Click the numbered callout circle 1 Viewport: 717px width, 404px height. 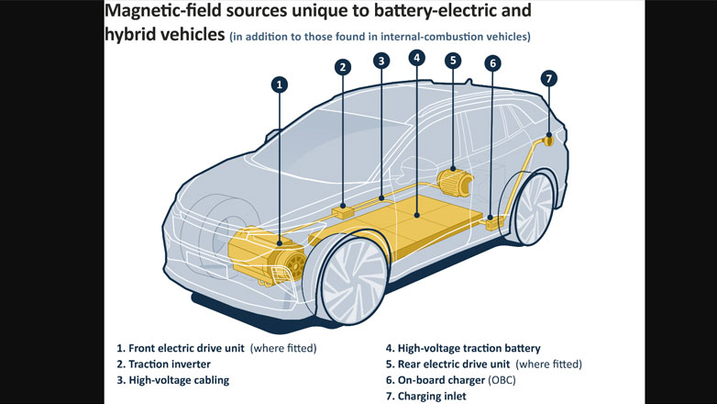pos(280,84)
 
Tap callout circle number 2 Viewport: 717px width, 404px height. pos(342,66)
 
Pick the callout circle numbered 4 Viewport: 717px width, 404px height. pos(417,57)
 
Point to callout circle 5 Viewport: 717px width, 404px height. pos(452,61)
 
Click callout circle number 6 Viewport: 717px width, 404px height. pos(492,63)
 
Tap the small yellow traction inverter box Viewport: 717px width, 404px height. pos(343,210)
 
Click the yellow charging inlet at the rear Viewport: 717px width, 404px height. pos(547,140)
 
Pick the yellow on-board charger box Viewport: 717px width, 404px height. pos(496,221)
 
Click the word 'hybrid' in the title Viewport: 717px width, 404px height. pos(137,35)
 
